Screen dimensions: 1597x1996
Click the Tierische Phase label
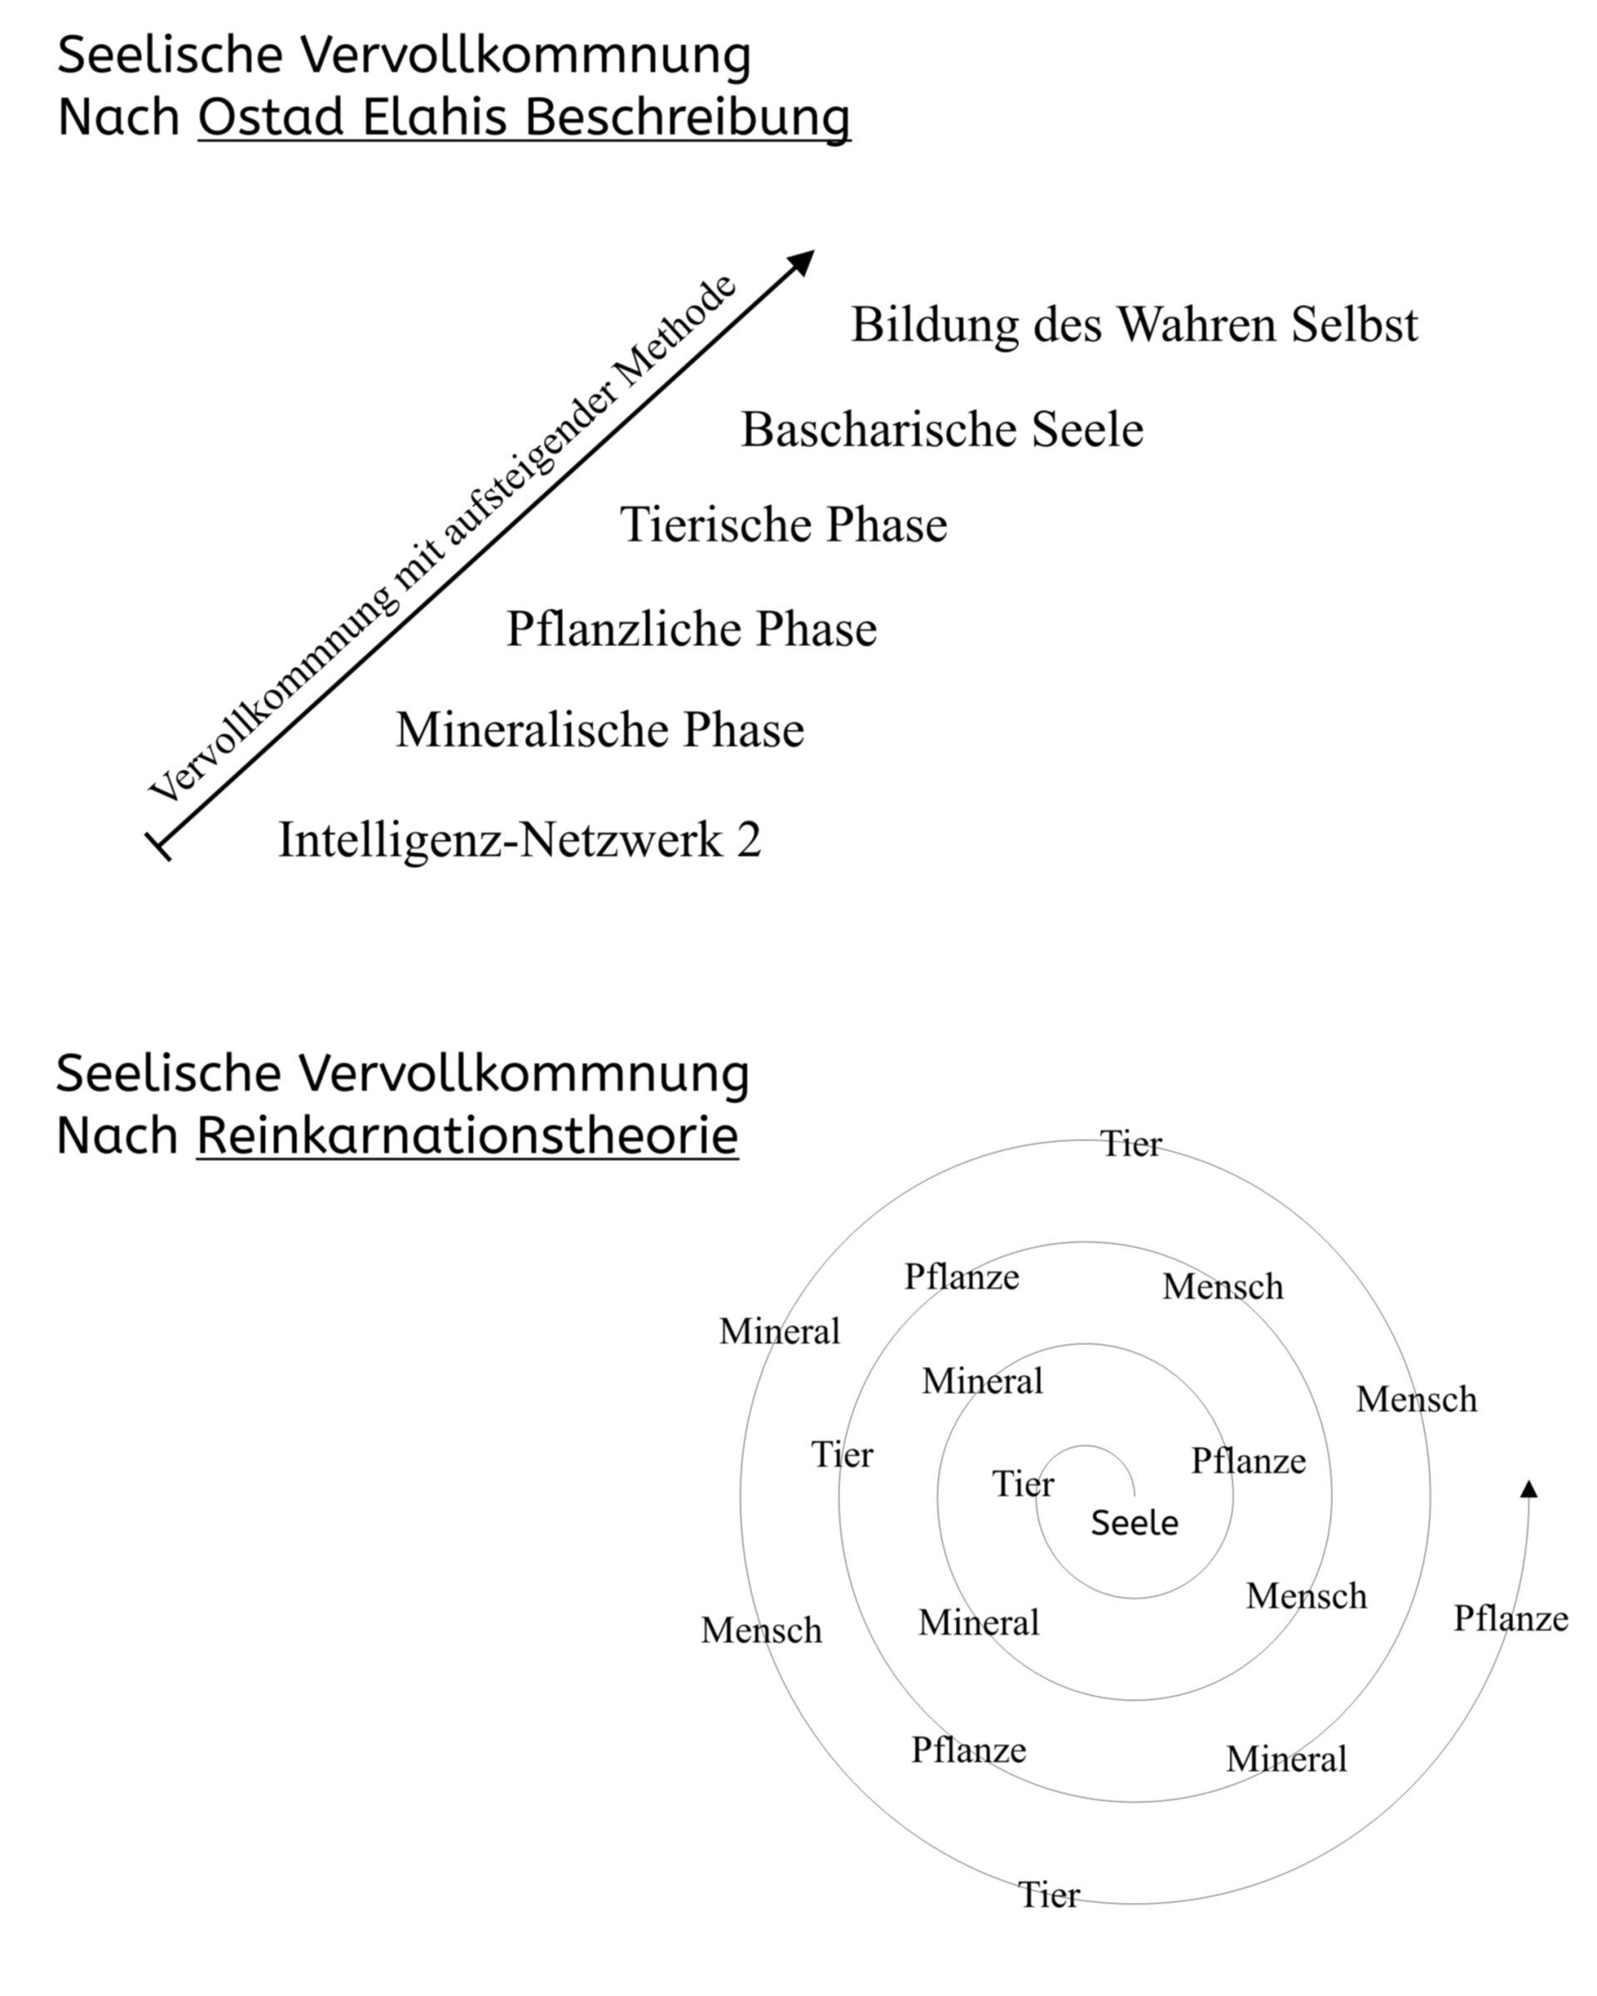tap(784, 525)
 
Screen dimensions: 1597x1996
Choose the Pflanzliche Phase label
tap(690, 630)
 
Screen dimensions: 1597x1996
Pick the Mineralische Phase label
tap(600, 729)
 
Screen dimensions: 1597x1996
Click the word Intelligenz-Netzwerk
tap(500, 841)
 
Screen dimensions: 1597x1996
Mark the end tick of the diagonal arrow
tap(159, 846)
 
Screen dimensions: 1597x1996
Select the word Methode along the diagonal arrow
tap(675, 334)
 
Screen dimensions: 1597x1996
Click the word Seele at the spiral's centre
tap(1134, 1523)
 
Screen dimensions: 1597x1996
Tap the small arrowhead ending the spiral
tap(1529, 1489)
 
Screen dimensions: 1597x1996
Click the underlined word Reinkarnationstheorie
tap(467, 1135)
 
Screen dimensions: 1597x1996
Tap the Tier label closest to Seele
tap(1023, 1484)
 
